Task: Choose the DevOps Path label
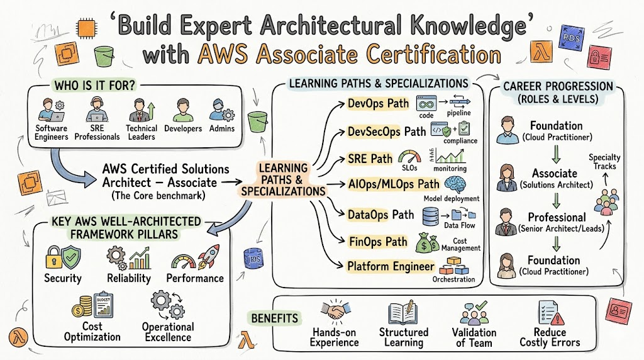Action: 378,103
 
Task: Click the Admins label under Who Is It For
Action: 221,128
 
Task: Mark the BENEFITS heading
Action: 275,318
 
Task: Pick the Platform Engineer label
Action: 391,266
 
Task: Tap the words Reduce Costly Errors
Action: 550,337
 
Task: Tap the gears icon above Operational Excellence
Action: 166,304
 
